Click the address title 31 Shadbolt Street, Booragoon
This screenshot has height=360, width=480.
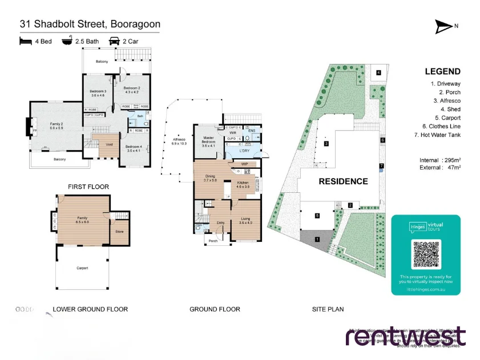tap(90, 24)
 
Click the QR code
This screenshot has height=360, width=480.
tap(426, 255)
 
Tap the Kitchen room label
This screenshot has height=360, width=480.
tap(244, 184)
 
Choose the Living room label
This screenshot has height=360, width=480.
tap(245, 220)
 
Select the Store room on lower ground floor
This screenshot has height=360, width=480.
tap(119, 232)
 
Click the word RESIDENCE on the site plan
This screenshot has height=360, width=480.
tap(343, 181)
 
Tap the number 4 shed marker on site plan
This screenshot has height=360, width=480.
tap(378, 72)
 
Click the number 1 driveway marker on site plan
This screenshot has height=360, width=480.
tap(317, 240)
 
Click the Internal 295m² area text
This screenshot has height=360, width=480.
tap(439, 160)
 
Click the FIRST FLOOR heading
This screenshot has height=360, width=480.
tap(88, 187)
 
